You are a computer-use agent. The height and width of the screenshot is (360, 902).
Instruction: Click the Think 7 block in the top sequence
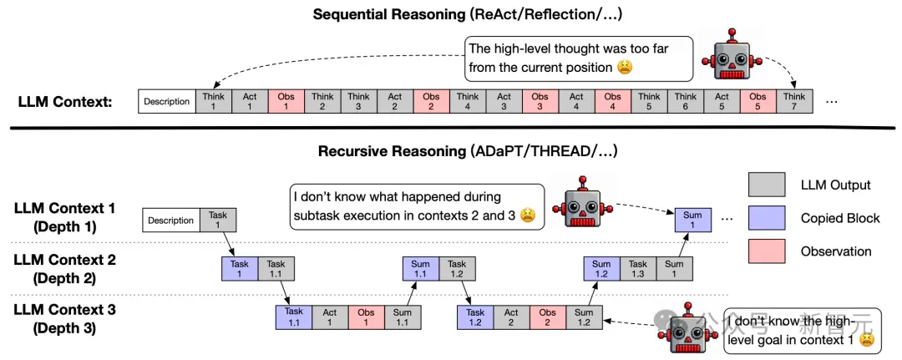click(794, 101)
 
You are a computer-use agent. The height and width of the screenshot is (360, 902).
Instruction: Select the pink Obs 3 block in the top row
click(540, 101)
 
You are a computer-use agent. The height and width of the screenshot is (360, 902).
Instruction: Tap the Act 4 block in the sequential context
click(575, 101)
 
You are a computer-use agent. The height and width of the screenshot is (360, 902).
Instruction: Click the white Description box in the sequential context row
click(166, 101)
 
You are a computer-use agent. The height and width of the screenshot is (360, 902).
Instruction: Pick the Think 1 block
click(213, 101)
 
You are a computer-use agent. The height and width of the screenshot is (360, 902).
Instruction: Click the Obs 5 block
click(758, 101)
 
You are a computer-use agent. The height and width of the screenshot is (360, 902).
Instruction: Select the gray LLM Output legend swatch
click(767, 184)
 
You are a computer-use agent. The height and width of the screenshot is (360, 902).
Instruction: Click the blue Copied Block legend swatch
click(767, 217)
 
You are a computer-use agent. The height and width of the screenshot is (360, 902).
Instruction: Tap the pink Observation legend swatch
click(767, 251)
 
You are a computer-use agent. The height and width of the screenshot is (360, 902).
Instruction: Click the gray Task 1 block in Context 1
click(218, 221)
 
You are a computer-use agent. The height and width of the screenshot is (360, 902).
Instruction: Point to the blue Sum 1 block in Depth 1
click(692, 221)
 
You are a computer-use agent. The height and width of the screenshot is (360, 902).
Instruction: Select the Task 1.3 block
click(638, 269)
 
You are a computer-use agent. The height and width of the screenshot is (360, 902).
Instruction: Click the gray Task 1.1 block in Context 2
click(276, 269)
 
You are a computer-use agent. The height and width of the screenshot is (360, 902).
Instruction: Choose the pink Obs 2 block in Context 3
click(548, 317)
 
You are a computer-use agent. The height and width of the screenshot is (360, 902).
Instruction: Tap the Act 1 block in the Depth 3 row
click(330, 317)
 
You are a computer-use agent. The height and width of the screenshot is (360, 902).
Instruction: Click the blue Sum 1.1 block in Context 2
click(421, 269)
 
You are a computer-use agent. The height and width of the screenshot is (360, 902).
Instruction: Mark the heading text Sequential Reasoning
click(388, 14)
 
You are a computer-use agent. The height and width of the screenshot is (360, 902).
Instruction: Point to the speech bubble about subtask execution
click(417, 207)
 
